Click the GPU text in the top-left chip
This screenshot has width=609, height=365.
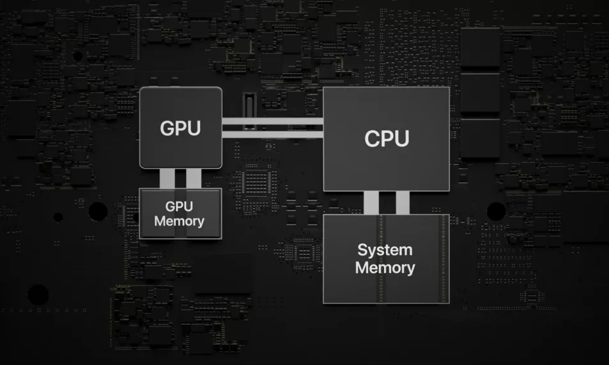pos(180,128)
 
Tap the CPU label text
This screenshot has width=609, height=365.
pos(386,139)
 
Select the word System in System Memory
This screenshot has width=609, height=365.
pos(385,249)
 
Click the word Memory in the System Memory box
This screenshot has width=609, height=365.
pos(385,267)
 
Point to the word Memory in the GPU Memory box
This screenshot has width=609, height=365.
pos(180,221)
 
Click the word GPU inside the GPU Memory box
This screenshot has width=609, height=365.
pos(180,206)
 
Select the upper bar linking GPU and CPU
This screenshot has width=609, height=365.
pos(272,121)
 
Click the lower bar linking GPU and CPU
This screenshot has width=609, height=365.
pos(272,133)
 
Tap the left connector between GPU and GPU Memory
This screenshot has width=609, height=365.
pos(167,178)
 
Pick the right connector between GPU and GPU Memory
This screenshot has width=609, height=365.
pos(194,178)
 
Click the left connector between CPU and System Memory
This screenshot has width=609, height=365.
pos(371,203)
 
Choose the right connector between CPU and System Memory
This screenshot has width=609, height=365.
pos(403,203)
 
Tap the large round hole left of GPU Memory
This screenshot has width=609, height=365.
pos(98,212)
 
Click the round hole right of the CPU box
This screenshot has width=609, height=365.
pos(497,211)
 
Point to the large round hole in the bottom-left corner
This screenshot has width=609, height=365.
pos(38,295)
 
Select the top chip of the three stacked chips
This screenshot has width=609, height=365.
pos(480,49)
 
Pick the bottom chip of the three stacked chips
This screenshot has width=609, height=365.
pos(480,138)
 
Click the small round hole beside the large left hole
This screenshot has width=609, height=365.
pos(58,217)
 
